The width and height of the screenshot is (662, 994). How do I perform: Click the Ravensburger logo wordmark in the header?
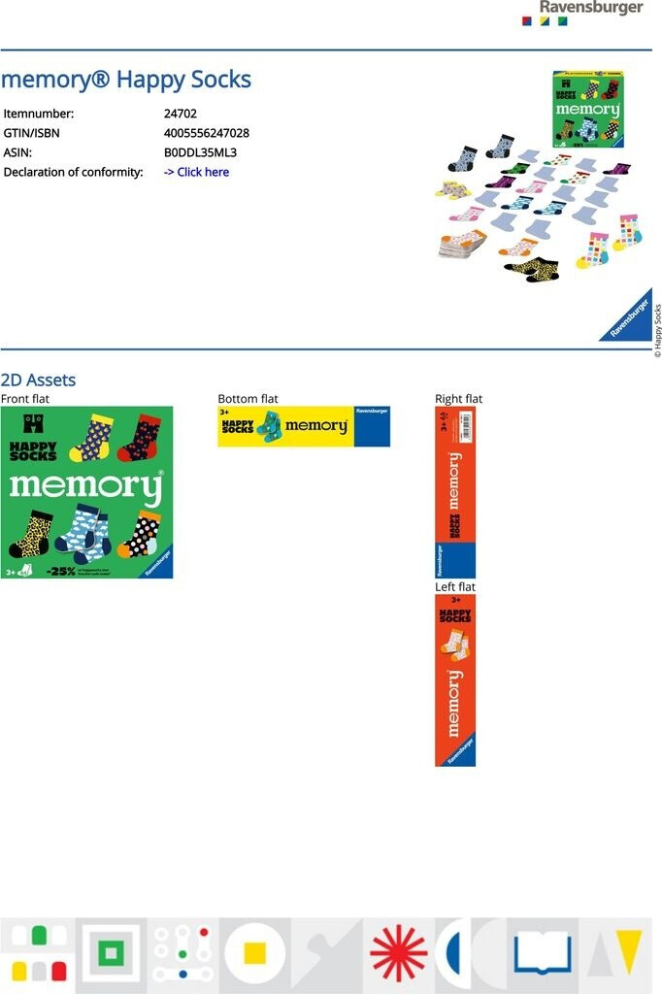(591, 8)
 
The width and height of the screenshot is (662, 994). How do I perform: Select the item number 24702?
(181, 114)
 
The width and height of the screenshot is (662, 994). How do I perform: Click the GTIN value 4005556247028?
(207, 133)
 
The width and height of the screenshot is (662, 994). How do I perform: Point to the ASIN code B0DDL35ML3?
(200, 152)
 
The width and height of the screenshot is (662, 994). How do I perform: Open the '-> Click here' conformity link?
(196, 172)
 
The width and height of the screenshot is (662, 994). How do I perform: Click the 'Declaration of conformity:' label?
(73, 172)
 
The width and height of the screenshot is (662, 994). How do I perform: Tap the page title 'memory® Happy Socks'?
(126, 80)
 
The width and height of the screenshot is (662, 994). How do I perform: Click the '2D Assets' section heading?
(38, 380)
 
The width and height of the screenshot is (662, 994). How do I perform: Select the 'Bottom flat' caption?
(248, 399)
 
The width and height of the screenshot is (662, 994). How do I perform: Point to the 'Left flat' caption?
(455, 587)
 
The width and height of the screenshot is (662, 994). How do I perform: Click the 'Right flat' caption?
(458, 399)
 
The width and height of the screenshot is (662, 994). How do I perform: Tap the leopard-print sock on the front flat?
(30, 533)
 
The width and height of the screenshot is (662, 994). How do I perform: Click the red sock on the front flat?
(138, 437)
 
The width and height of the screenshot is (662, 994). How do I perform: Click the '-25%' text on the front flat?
(60, 571)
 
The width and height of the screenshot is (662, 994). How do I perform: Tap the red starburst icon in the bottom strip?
(398, 952)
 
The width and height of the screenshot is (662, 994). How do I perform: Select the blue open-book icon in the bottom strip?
(543, 952)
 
